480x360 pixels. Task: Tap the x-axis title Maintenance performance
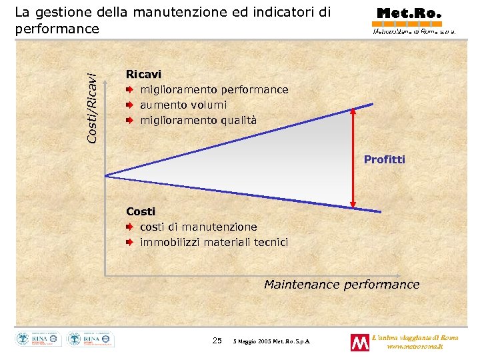[x=341, y=285]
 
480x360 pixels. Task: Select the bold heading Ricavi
[x=143, y=75]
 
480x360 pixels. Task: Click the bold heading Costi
[x=141, y=211]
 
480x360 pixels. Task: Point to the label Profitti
[x=384, y=160]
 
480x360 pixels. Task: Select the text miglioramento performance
[x=214, y=90]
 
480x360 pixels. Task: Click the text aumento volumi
[x=183, y=105]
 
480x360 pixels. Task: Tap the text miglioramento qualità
[x=198, y=121]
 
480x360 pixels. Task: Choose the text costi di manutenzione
[x=198, y=227]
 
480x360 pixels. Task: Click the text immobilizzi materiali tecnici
[x=214, y=242]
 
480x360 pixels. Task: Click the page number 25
[x=217, y=341]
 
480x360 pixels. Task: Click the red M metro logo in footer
[x=359, y=342]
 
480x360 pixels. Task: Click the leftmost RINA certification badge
[x=38, y=339]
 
